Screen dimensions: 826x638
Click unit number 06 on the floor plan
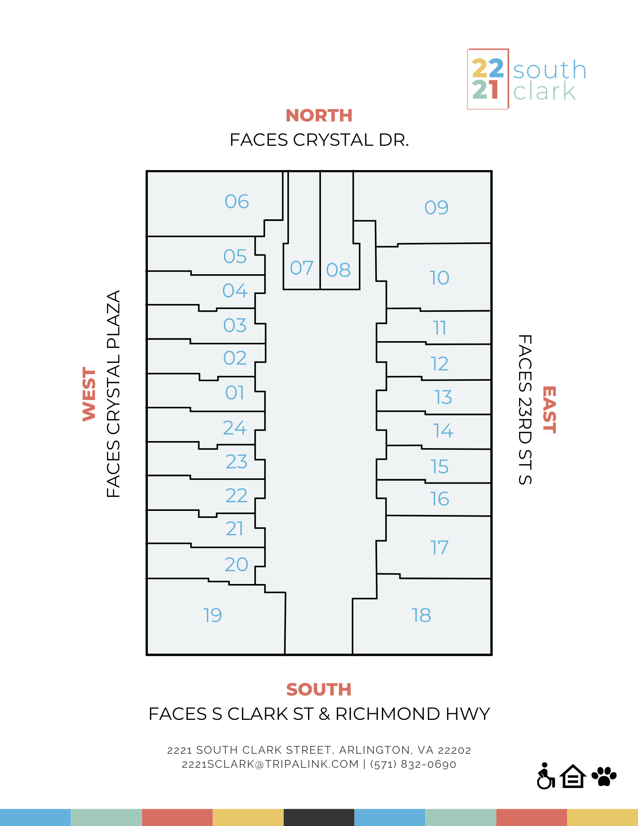237,202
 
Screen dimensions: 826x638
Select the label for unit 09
436,207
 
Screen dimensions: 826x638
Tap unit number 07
301,268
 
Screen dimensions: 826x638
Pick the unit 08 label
338,270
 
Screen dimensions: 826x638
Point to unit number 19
212,615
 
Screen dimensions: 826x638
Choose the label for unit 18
421,615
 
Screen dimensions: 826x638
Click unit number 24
235,428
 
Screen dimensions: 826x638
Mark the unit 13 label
443,397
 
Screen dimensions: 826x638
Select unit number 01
235,393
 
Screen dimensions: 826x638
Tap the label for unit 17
439,548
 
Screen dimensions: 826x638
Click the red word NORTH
319,116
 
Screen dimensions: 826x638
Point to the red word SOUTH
319,689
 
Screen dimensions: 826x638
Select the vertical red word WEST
89,394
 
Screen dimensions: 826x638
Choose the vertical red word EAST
549,410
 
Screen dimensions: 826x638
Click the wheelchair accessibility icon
546,776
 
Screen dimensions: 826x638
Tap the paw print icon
604,776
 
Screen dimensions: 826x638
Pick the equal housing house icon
573,776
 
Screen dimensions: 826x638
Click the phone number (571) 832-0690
413,764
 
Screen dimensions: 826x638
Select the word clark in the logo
544,91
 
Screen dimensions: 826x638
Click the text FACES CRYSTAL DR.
319,140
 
